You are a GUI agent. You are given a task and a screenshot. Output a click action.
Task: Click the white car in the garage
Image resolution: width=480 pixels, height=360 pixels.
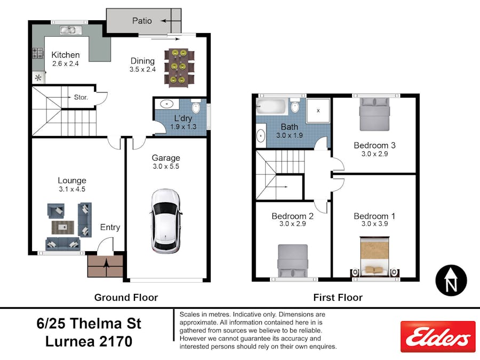165,220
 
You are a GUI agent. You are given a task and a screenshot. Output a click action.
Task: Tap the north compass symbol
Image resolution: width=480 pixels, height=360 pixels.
451,281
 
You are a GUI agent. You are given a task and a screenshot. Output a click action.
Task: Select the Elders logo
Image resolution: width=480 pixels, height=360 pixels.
437,337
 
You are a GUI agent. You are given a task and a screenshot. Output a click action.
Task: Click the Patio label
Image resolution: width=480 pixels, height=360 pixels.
142,21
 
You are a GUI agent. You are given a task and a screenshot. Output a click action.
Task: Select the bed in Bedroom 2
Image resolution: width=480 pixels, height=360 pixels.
292,261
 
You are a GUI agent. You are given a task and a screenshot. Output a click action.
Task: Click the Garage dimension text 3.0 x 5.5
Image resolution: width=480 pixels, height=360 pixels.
166,167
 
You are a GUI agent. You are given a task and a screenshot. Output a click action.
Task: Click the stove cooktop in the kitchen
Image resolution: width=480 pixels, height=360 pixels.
38,53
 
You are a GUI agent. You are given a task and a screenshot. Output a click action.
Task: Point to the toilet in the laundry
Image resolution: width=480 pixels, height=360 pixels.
196,109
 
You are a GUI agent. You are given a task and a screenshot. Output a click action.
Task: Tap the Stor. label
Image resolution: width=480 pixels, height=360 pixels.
81,98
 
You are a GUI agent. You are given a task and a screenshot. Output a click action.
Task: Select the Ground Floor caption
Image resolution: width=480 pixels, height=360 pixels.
126,297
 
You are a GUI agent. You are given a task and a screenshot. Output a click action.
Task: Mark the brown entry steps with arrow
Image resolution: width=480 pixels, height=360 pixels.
106,265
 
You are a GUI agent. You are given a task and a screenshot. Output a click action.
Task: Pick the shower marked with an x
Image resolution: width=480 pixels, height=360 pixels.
318,110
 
